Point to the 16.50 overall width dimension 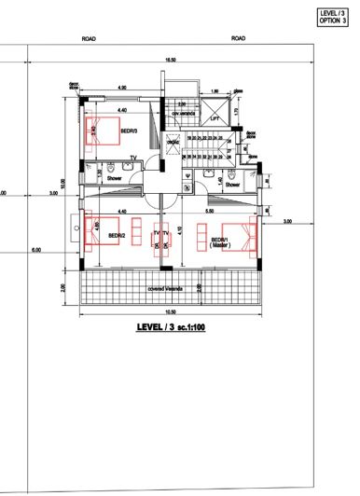tap(170, 60)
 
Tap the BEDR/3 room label tap(129, 131)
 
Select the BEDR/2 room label tap(118, 235)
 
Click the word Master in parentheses tap(220, 244)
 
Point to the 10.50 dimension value tap(170, 311)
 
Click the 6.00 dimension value tap(35, 251)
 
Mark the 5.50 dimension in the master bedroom tap(220, 212)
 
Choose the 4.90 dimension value tap(122, 88)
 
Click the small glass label tap(238, 91)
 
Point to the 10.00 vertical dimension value tap(62, 184)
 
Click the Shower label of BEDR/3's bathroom tap(115, 176)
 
